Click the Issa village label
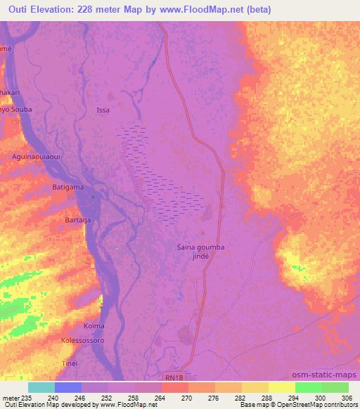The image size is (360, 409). click(x=103, y=110)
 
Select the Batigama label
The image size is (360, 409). click(x=68, y=188)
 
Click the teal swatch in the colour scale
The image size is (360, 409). click(x=41, y=387)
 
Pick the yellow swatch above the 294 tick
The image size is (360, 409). click(x=282, y=387)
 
